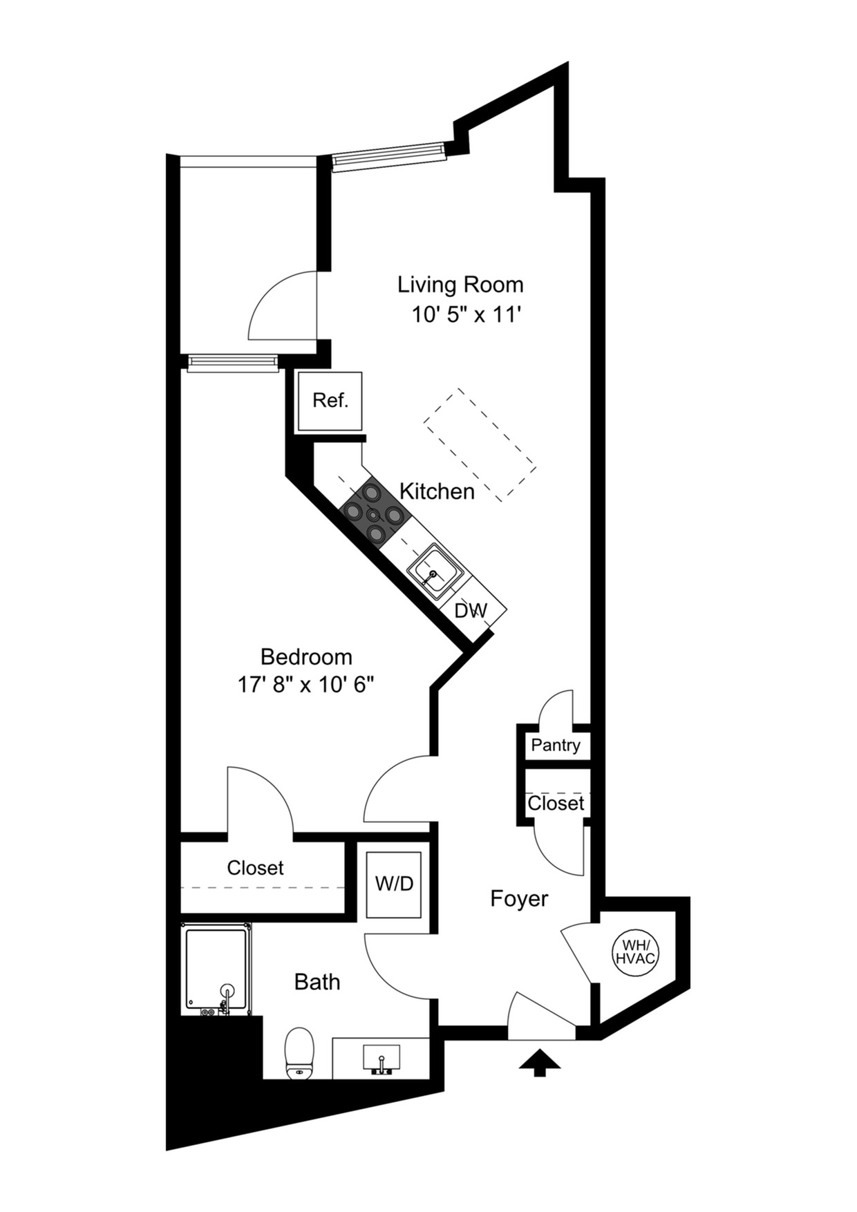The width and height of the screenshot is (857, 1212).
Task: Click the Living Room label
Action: click(460, 284)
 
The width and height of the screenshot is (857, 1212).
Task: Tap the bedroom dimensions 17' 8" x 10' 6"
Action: click(305, 684)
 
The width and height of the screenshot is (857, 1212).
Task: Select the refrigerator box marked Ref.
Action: click(330, 401)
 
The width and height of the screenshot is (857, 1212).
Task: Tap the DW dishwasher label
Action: click(471, 611)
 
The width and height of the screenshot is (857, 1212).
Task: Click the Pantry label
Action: click(555, 745)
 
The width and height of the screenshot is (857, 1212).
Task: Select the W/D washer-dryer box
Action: click(394, 883)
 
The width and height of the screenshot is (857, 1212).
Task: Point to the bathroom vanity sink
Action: click(381, 1058)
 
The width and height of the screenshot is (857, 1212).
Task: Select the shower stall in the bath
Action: click(216, 969)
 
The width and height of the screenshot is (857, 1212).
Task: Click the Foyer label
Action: click(519, 898)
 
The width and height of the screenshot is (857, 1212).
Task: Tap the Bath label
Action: click(317, 981)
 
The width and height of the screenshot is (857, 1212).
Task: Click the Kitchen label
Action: click(437, 491)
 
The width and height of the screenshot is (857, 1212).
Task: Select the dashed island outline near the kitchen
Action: click(480, 444)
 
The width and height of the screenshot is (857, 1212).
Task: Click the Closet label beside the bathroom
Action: click(255, 867)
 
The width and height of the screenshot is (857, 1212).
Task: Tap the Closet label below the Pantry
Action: click(556, 803)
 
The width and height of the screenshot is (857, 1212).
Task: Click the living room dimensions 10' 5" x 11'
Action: click(466, 315)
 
